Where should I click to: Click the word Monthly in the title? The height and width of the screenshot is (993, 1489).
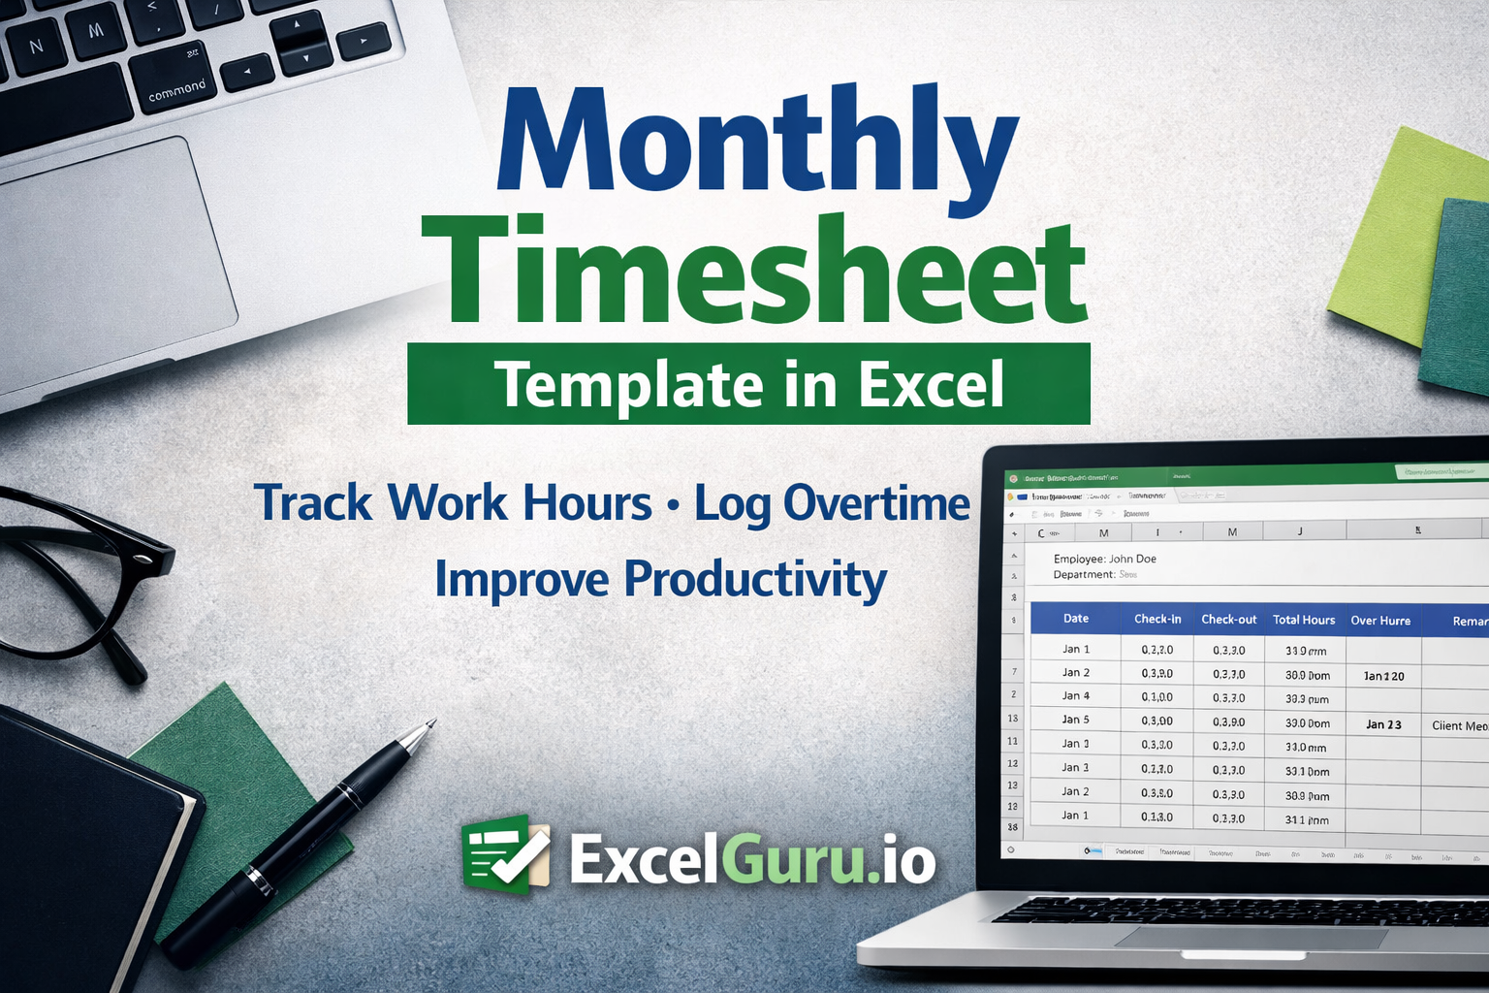(x=756, y=141)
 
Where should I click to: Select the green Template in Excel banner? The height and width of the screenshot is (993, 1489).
(x=748, y=384)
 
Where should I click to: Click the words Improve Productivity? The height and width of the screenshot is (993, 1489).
(x=660, y=580)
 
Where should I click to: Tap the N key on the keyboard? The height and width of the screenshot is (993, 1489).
(x=37, y=47)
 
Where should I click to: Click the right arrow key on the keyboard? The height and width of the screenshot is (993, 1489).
(x=364, y=41)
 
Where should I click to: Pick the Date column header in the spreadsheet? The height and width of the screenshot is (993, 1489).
(x=1076, y=619)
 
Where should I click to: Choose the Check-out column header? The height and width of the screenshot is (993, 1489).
(x=1228, y=620)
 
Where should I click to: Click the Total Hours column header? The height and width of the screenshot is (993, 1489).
(x=1304, y=620)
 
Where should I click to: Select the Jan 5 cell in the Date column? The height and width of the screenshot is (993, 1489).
(x=1076, y=720)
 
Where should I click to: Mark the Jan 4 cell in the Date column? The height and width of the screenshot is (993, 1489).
(x=1076, y=696)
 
